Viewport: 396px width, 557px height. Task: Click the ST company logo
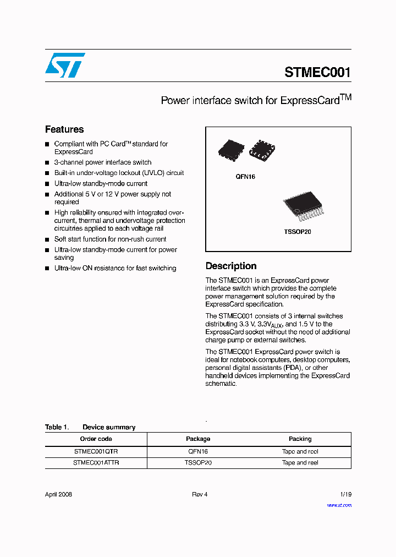pyautogui.click(x=65, y=65)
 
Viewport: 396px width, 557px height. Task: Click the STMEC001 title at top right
pyautogui.click(x=317, y=72)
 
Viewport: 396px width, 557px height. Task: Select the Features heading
pyautogui.click(x=64, y=129)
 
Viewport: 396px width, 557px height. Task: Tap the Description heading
pyautogui.click(x=230, y=266)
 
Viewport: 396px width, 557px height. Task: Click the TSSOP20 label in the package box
pyautogui.click(x=298, y=232)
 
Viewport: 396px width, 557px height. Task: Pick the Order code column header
pyautogui.click(x=96, y=439)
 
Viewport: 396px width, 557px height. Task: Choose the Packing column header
pyautogui.click(x=300, y=439)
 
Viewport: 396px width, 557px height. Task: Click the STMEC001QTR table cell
pyautogui.click(x=96, y=451)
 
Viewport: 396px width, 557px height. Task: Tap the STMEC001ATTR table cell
pyautogui.click(x=96, y=463)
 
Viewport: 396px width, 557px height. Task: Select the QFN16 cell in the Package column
pyautogui.click(x=198, y=451)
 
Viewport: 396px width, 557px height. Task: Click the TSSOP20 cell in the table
pyautogui.click(x=198, y=463)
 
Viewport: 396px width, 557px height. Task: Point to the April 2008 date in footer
pyautogui.click(x=58, y=494)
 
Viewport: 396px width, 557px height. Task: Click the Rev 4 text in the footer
pyautogui.click(x=200, y=494)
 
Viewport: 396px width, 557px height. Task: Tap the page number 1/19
pyautogui.click(x=345, y=494)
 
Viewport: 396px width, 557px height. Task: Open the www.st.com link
pyautogui.click(x=339, y=505)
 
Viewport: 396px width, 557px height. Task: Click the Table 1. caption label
pyautogui.click(x=57, y=427)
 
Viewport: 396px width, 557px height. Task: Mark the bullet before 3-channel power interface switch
pyautogui.click(x=47, y=163)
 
